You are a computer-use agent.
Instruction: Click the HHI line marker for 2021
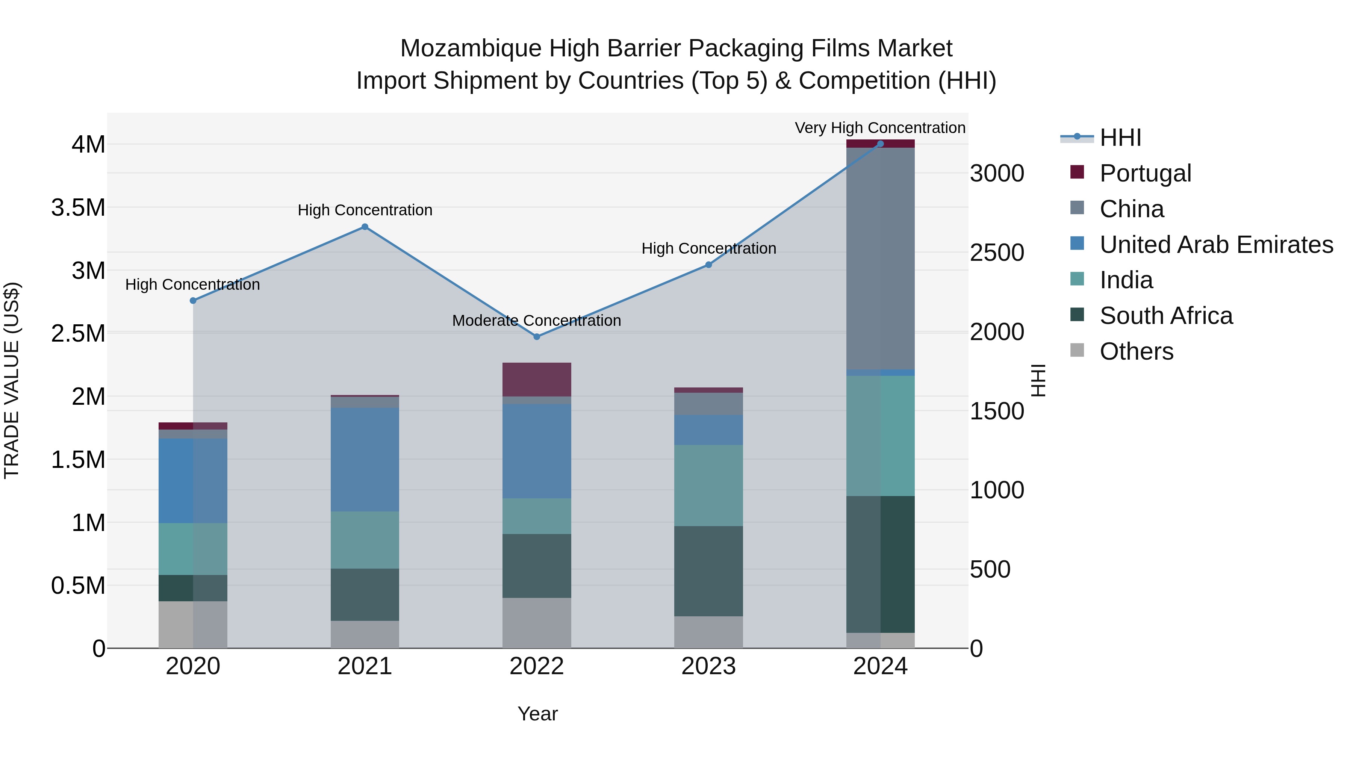[x=365, y=227]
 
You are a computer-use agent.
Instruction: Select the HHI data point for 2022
[x=536, y=337]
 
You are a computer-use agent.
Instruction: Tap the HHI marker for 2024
[x=880, y=144]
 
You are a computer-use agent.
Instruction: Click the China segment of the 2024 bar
[x=880, y=257]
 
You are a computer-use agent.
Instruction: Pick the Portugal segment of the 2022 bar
[x=536, y=379]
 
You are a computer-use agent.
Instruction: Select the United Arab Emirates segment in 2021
[x=365, y=460]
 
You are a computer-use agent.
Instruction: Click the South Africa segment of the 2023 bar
[x=708, y=571]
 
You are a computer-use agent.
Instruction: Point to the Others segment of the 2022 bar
[x=536, y=623]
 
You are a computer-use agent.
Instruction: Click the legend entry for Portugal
[x=1145, y=173]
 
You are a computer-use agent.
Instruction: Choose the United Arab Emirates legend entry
[x=1216, y=245]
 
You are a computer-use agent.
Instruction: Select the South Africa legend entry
[x=1165, y=316]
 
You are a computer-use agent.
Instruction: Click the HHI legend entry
[x=1120, y=138]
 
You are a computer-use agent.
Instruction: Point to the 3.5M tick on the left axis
[x=78, y=208]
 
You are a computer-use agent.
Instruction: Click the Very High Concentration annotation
[x=880, y=128]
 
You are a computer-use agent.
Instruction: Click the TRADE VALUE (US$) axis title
[x=12, y=380]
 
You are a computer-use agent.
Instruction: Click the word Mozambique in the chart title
[x=470, y=49]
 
